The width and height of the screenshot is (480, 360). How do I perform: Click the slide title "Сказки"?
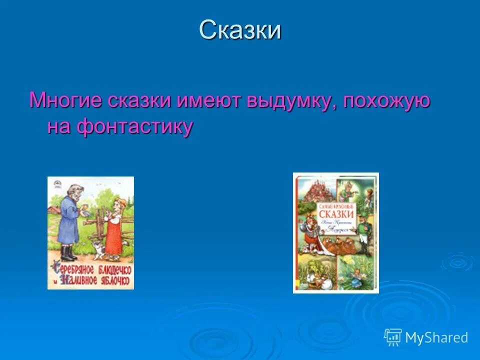(x=240, y=30)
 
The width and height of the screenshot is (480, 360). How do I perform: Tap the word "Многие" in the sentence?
(x=65, y=100)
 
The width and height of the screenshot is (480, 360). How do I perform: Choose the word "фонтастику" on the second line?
(x=134, y=127)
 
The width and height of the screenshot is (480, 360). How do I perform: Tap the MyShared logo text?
(x=436, y=337)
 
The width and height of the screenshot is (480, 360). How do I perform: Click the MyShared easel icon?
(x=393, y=337)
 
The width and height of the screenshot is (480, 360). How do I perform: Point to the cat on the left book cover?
(x=95, y=247)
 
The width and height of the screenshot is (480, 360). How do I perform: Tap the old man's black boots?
(x=68, y=253)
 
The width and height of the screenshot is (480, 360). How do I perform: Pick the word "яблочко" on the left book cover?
(x=114, y=281)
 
